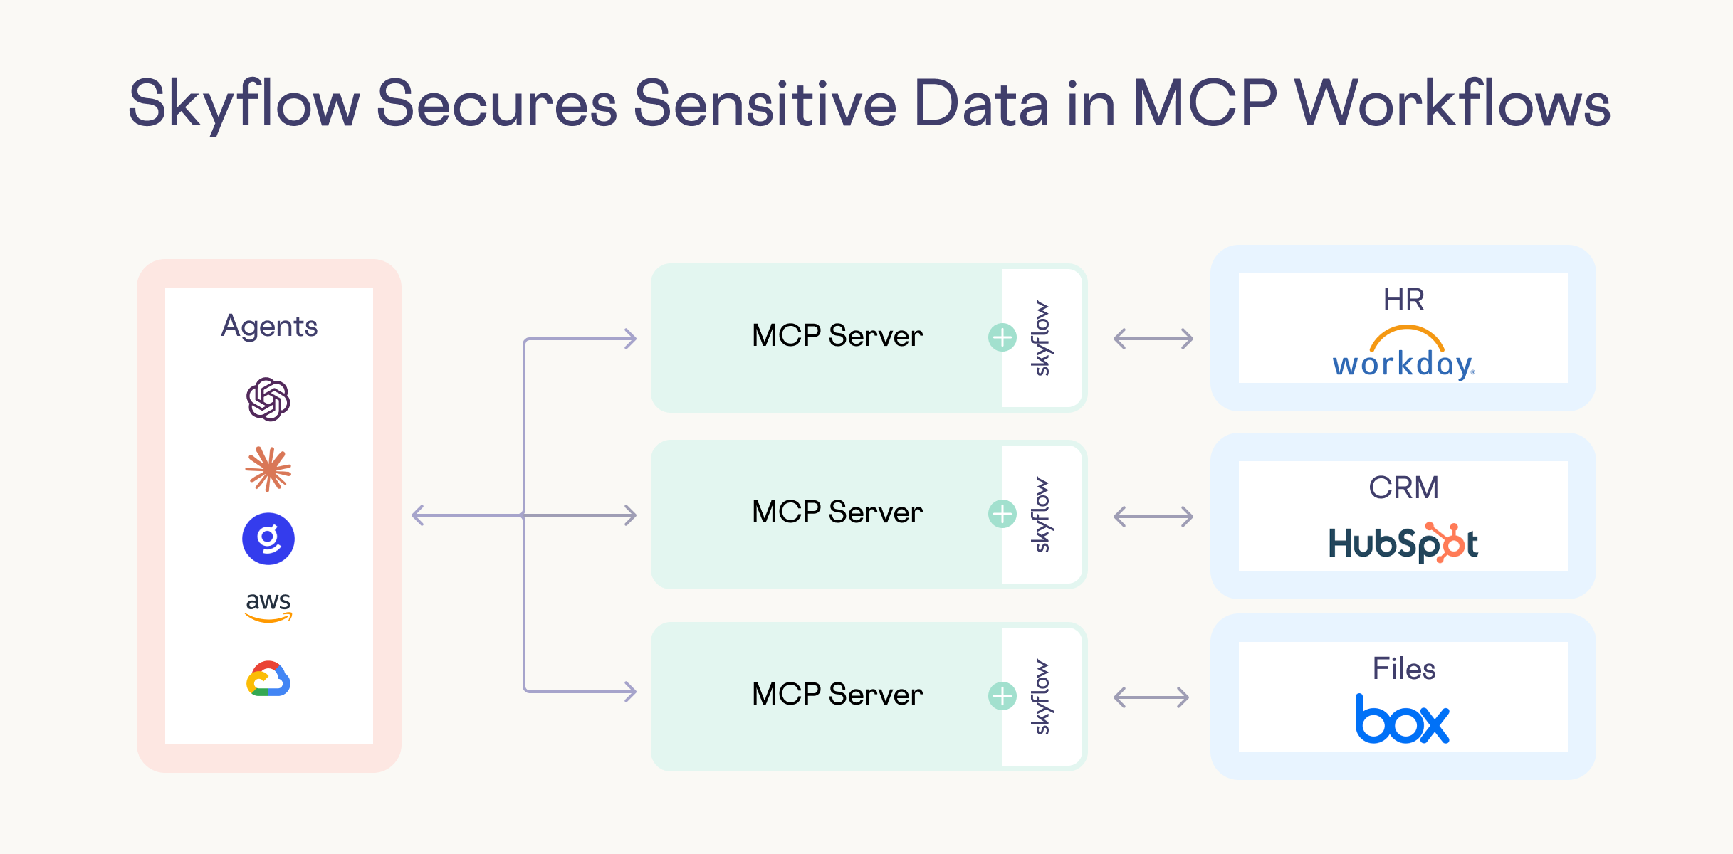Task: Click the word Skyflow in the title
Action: click(244, 105)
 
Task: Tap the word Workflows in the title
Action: click(1452, 103)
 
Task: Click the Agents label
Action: click(269, 327)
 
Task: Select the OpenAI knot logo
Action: click(268, 399)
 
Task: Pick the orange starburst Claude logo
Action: click(268, 469)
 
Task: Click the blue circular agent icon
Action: click(268, 539)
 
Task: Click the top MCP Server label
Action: click(837, 336)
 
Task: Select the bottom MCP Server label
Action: click(837, 695)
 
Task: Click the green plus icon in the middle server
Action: click(1002, 514)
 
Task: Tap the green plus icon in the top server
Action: click(1002, 337)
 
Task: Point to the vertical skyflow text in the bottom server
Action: click(1041, 697)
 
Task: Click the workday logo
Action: click(1404, 352)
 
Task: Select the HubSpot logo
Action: click(1403, 543)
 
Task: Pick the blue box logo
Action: click(1402, 719)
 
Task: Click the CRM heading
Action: click(1404, 488)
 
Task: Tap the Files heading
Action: click(1404, 669)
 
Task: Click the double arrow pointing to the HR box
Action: click(1153, 339)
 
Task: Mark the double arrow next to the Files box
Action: click(1151, 697)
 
